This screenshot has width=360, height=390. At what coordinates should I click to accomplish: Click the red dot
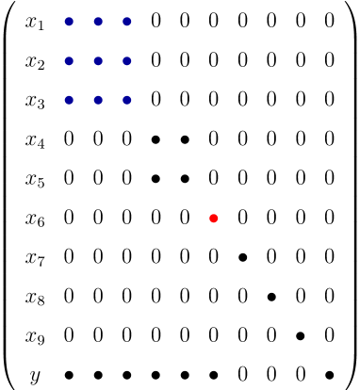tap(214, 219)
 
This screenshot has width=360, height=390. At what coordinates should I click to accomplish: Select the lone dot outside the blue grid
tap(214, 219)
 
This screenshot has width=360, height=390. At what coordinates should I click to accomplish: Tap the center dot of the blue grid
tap(98, 61)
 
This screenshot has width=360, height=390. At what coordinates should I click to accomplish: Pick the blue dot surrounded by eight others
tap(98, 61)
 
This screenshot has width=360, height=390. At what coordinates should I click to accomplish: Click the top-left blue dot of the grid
tap(69, 22)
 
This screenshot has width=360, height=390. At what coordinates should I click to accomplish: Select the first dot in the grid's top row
tap(69, 22)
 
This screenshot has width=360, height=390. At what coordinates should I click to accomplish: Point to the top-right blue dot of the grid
tap(127, 22)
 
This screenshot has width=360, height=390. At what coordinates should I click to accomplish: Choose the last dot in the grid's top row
tap(127, 22)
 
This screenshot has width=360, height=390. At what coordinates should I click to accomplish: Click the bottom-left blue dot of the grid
tap(69, 100)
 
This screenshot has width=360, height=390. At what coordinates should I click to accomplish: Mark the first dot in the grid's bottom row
tap(69, 100)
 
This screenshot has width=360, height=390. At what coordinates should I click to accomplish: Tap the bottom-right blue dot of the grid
tap(127, 100)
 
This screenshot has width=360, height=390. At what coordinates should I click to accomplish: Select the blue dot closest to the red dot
tap(127, 100)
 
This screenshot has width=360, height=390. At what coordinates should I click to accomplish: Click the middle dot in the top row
tap(98, 22)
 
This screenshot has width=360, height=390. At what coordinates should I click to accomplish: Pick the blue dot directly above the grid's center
tap(98, 22)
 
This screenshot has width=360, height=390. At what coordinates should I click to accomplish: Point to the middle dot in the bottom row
tap(98, 100)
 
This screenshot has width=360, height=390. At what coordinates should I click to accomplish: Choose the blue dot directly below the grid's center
tap(98, 100)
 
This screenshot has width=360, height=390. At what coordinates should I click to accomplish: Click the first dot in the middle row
tap(69, 61)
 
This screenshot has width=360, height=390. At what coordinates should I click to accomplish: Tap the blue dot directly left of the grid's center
tap(69, 61)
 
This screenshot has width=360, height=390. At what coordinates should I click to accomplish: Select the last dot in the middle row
tap(127, 61)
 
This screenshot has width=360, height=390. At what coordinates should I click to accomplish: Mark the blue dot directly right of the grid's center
tap(127, 61)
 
